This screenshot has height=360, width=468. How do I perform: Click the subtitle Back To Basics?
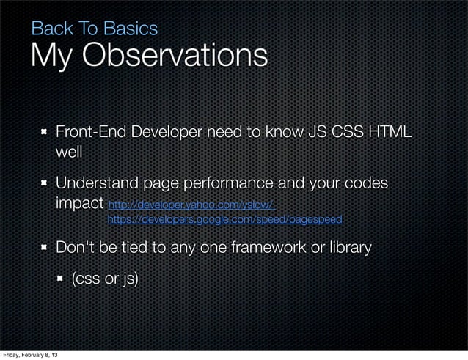pos(94,29)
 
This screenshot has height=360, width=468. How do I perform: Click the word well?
pos(69,153)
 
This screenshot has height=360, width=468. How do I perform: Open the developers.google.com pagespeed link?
pos(224,219)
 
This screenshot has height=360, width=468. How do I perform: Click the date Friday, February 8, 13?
pos(32,355)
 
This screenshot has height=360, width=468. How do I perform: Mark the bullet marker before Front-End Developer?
pos(44,133)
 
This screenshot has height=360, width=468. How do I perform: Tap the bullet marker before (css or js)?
pos(60,279)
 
